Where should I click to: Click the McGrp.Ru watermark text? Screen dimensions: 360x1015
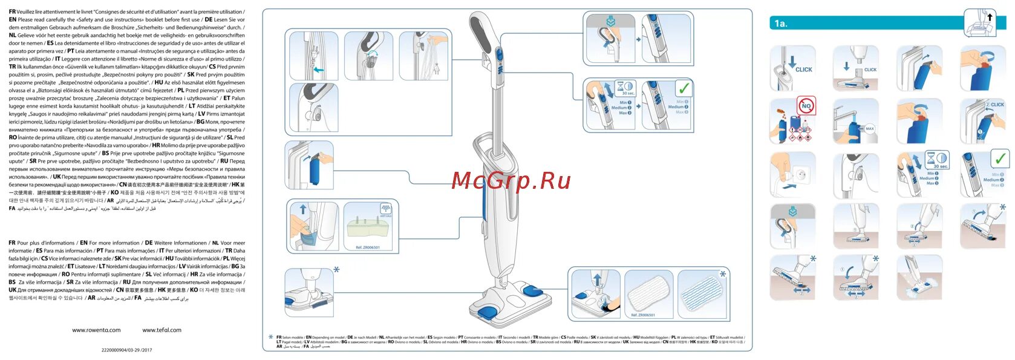(x=511, y=180)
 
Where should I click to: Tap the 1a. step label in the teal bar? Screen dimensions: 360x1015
(x=781, y=24)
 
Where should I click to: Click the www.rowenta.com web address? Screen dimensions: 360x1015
(x=96, y=330)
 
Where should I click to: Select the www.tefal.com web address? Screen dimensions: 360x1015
(x=162, y=330)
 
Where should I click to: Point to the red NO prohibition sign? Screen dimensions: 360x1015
(x=806, y=106)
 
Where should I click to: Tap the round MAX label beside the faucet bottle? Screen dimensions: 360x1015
(x=870, y=129)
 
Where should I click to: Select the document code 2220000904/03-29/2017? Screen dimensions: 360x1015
(x=126, y=350)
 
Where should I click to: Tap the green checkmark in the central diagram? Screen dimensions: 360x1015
(x=684, y=88)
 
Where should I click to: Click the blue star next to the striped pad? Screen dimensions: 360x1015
(x=722, y=274)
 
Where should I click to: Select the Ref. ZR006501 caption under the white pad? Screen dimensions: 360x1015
(x=642, y=315)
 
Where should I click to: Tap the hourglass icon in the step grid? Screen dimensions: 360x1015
(x=932, y=158)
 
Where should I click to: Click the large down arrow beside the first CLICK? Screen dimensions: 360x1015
(x=792, y=61)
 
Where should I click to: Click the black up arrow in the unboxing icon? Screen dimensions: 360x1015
(x=990, y=17)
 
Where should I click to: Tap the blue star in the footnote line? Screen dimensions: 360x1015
(x=270, y=337)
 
